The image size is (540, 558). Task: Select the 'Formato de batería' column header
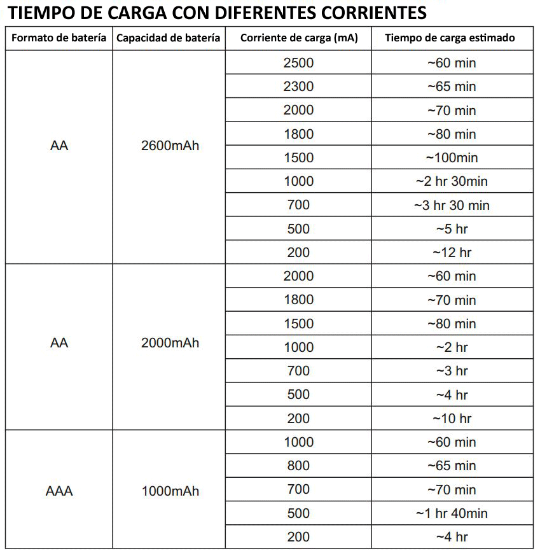pyautogui.click(x=59, y=38)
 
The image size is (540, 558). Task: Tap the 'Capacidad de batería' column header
pyautogui.click(x=169, y=38)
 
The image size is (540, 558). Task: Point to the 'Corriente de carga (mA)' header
pyautogui.click(x=299, y=38)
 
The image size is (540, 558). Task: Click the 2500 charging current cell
pyautogui.click(x=298, y=63)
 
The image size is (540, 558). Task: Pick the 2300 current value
pyautogui.click(x=298, y=87)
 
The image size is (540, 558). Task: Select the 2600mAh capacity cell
pyautogui.click(x=170, y=146)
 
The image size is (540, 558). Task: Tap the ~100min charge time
pyautogui.click(x=452, y=158)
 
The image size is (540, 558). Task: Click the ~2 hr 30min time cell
pyautogui.click(x=452, y=181)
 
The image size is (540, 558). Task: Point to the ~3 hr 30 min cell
pyautogui.click(x=452, y=205)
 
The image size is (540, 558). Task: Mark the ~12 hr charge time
pyautogui.click(x=452, y=253)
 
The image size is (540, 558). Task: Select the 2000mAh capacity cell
pyautogui.click(x=170, y=343)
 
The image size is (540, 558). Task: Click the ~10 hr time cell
pyautogui.click(x=452, y=419)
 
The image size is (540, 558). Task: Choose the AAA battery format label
pyautogui.click(x=59, y=491)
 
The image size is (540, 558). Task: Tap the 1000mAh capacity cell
pyautogui.click(x=170, y=491)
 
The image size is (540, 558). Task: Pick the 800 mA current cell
pyautogui.click(x=298, y=466)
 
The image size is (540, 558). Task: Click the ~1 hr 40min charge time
pyautogui.click(x=452, y=513)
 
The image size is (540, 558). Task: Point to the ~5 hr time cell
pyautogui.click(x=452, y=229)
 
